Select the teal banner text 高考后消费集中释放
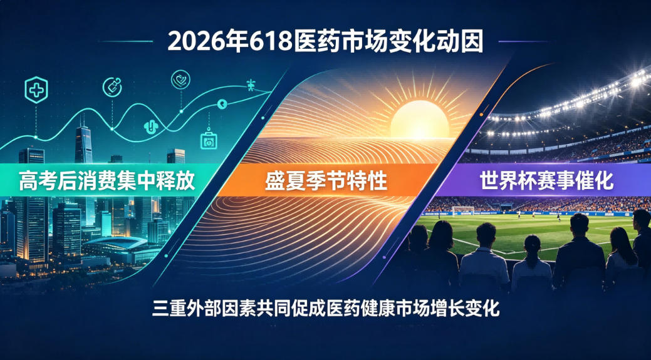point(107,181)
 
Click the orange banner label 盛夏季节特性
point(326,181)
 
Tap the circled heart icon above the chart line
point(180,80)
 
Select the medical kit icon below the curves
point(209,140)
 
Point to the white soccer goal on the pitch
point(462,211)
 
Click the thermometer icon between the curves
point(151,127)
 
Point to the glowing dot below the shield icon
point(36,137)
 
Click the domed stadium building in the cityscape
point(121,248)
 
